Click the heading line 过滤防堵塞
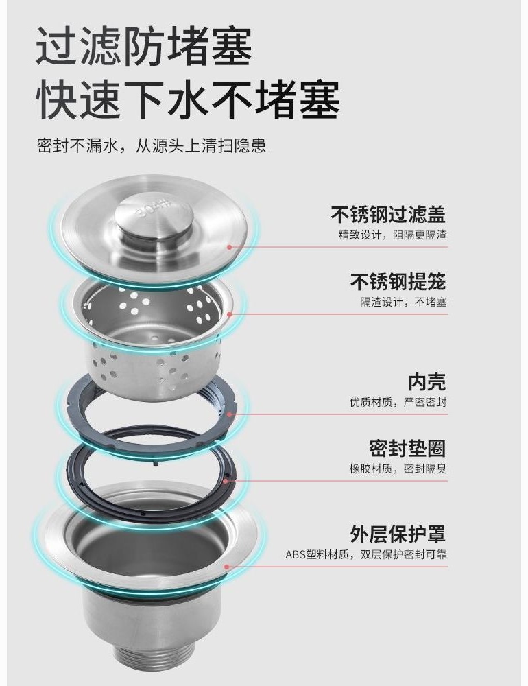click(144, 46)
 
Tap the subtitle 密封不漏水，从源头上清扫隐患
click(152, 145)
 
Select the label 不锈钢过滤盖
click(388, 215)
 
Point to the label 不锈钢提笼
click(398, 282)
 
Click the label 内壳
click(427, 381)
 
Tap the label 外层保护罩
click(398, 534)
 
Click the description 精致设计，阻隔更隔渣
click(392, 235)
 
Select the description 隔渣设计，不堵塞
click(403, 302)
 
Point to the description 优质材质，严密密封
click(398, 401)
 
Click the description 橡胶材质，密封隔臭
click(398, 469)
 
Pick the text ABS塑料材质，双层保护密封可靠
click(366, 555)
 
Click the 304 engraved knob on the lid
click(154, 218)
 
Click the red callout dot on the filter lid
click(229, 247)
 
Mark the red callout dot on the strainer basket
click(229, 314)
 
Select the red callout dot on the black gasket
click(226, 482)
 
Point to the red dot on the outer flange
click(226, 567)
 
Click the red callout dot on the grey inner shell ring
click(229, 414)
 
